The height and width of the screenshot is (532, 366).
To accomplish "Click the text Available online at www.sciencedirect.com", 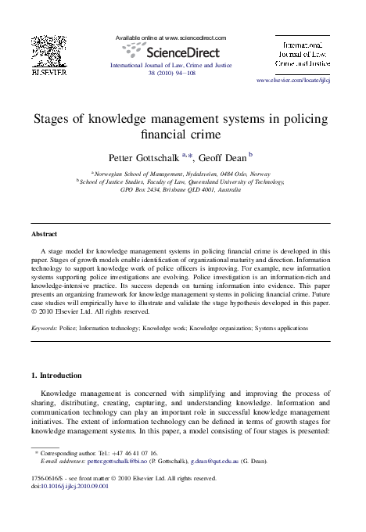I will point(170,38).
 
